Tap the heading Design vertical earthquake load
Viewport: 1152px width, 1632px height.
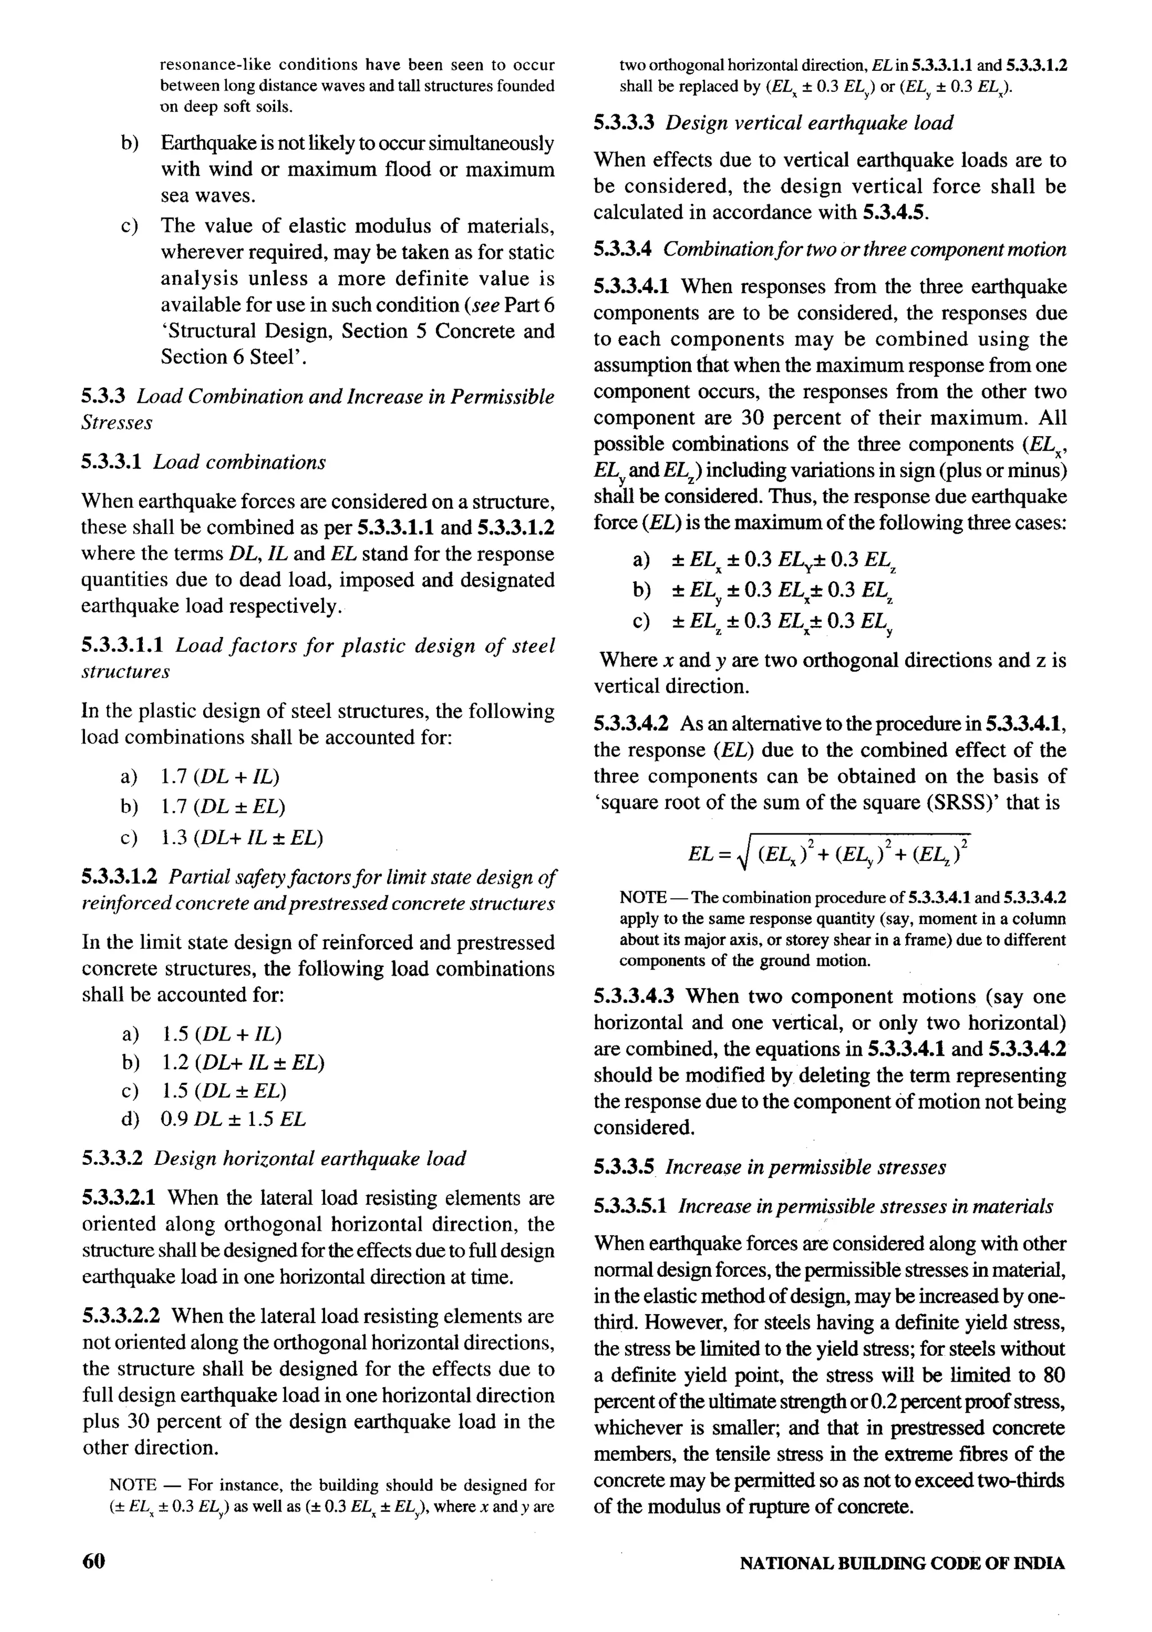tap(809, 123)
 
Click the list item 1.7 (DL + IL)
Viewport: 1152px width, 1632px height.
tap(220, 776)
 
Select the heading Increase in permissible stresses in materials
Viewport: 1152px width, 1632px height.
tap(866, 1205)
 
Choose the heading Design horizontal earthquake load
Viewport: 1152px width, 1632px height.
tap(310, 1159)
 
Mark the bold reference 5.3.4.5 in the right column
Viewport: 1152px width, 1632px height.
tap(894, 213)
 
